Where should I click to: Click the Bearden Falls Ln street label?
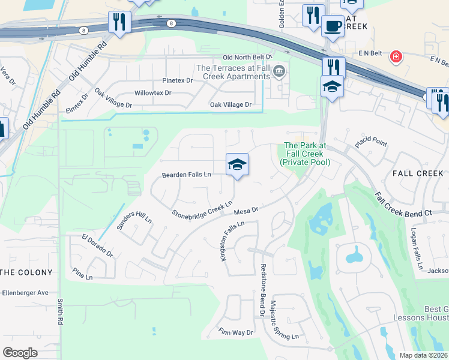(186, 175)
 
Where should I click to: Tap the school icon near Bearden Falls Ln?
(237, 165)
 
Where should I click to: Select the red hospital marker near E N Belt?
(396, 58)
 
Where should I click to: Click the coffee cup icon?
(333, 26)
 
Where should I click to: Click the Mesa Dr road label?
(246, 211)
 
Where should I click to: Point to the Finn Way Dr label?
(237, 332)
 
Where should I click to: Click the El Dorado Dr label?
(97, 245)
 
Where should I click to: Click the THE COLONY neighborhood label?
(26, 272)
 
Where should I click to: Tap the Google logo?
(20, 353)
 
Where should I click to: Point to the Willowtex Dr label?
(152, 93)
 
